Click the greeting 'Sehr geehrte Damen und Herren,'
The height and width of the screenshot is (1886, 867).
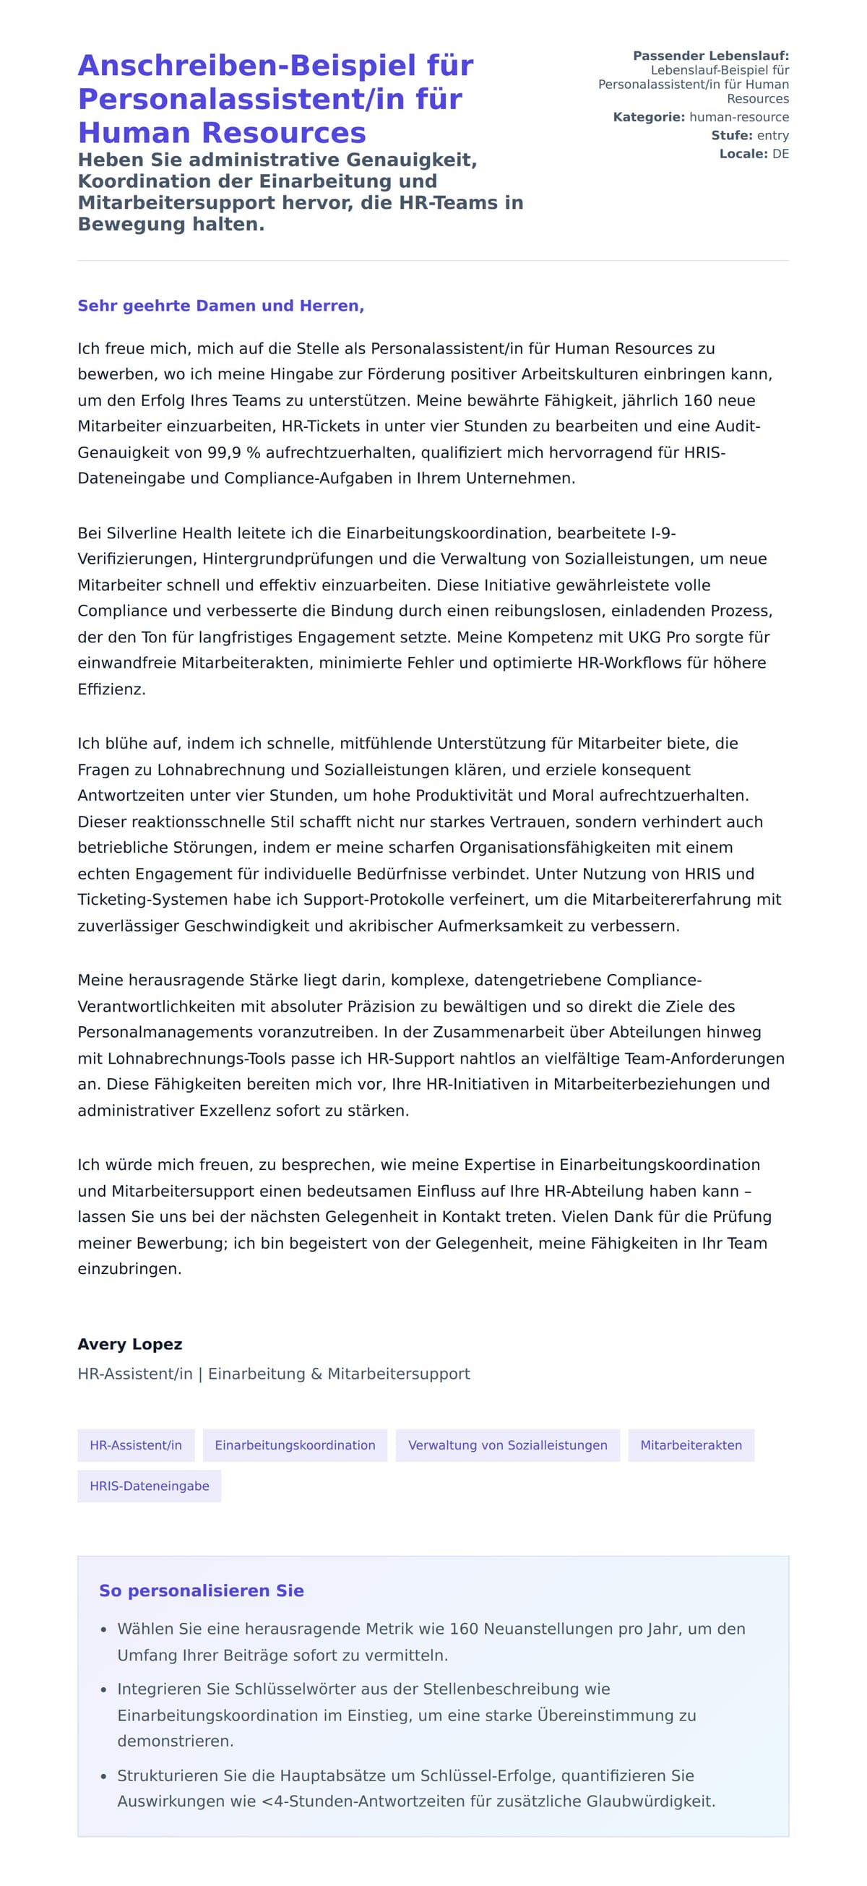pyautogui.click(x=220, y=306)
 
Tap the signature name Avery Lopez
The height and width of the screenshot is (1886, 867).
pyautogui.click(x=129, y=1343)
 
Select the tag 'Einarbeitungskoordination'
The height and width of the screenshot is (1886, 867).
pyautogui.click(x=294, y=1444)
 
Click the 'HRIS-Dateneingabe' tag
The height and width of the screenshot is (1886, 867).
pyautogui.click(x=150, y=1486)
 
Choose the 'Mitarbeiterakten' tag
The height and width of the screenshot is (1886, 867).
pyautogui.click(x=691, y=1444)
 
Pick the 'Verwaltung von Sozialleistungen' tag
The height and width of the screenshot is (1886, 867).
pyautogui.click(x=507, y=1444)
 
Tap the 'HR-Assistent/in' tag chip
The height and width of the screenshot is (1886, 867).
pyautogui.click(x=136, y=1444)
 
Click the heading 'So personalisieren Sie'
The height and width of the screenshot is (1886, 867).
pyautogui.click(x=202, y=1590)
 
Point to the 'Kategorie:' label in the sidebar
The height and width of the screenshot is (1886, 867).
pyautogui.click(x=649, y=117)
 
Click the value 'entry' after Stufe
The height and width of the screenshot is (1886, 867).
pyautogui.click(x=772, y=135)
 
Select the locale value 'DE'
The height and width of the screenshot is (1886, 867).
pyautogui.click(x=780, y=154)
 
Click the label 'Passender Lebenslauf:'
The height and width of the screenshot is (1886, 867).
pyautogui.click(x=710, y=56)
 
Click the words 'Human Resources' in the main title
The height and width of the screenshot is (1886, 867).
pyautogui.click(x=222, y=132)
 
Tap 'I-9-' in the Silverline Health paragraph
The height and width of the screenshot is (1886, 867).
pyautogui.click(x=663, y=533)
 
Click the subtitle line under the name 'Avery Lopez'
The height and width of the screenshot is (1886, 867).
pyautogui.click(x=274, y=1374)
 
